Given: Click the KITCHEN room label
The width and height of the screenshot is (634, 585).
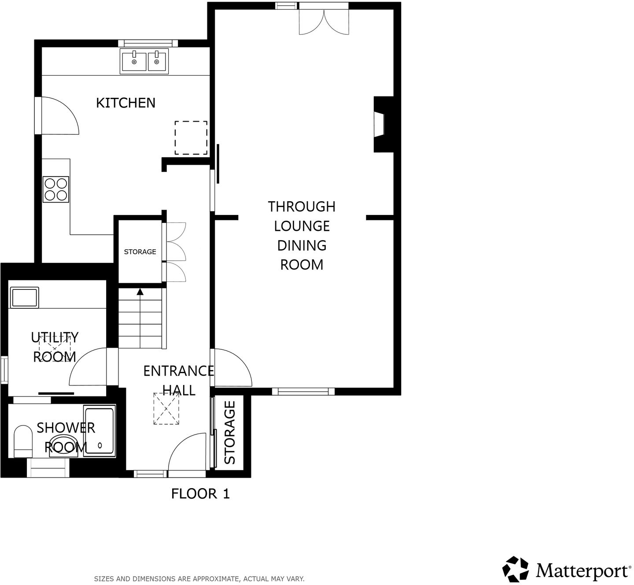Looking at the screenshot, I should coord(125,103).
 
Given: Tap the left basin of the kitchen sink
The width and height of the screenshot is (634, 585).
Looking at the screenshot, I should coord(134,61).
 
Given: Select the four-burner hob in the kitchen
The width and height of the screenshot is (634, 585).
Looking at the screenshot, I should coord(56,189).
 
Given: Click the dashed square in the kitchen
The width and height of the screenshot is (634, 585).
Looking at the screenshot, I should coord(191,138).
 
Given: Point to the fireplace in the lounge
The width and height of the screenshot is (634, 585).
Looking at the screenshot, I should coord(381,125).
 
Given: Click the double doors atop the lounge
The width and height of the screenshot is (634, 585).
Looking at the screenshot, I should coord(324,22).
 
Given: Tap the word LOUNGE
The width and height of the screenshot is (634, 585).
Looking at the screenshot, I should coord(302,226).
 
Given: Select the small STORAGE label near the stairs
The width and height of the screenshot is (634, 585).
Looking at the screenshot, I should coord(140,252).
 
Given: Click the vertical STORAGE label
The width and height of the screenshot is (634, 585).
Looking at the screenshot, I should coord(230,433).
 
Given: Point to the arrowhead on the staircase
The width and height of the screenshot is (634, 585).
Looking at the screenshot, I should coord(140,291).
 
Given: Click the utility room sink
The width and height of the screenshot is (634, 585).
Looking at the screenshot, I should coord(25,297).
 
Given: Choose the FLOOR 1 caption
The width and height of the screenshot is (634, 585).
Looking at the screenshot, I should coord(200,494).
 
